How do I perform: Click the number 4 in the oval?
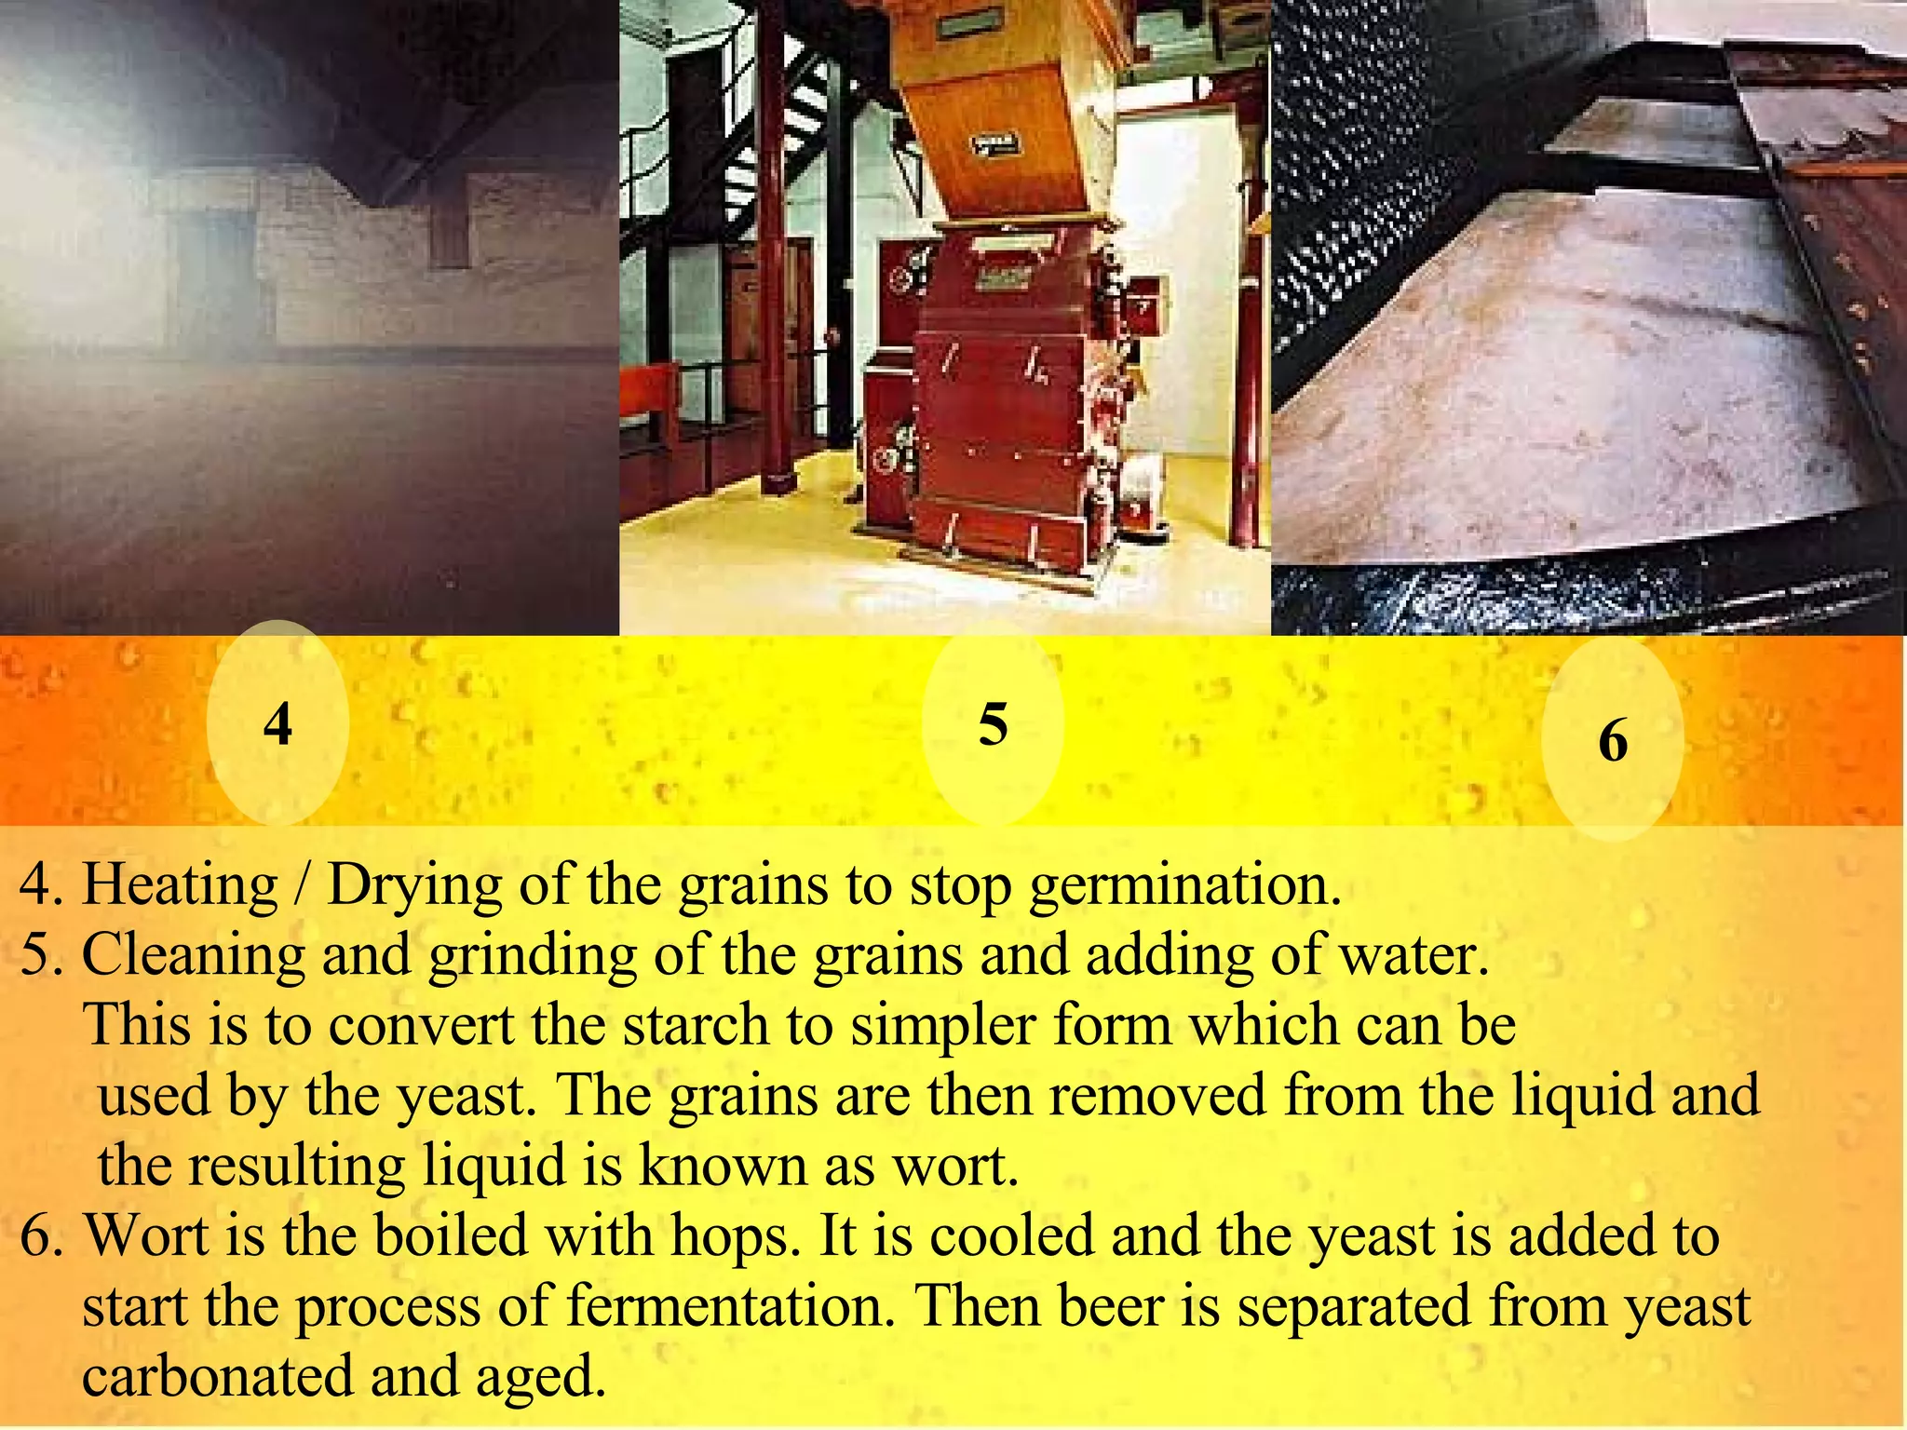pyautogui.click(x=277, y=724)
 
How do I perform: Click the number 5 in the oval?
pyautogui.click(x=993, y=724)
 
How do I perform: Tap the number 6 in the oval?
pyautogui.click(x=1613, y=742)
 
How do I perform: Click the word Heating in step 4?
pyautogui.click(x=181, y=884)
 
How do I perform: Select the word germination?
pyautogui.click(x=1184, y=886)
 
